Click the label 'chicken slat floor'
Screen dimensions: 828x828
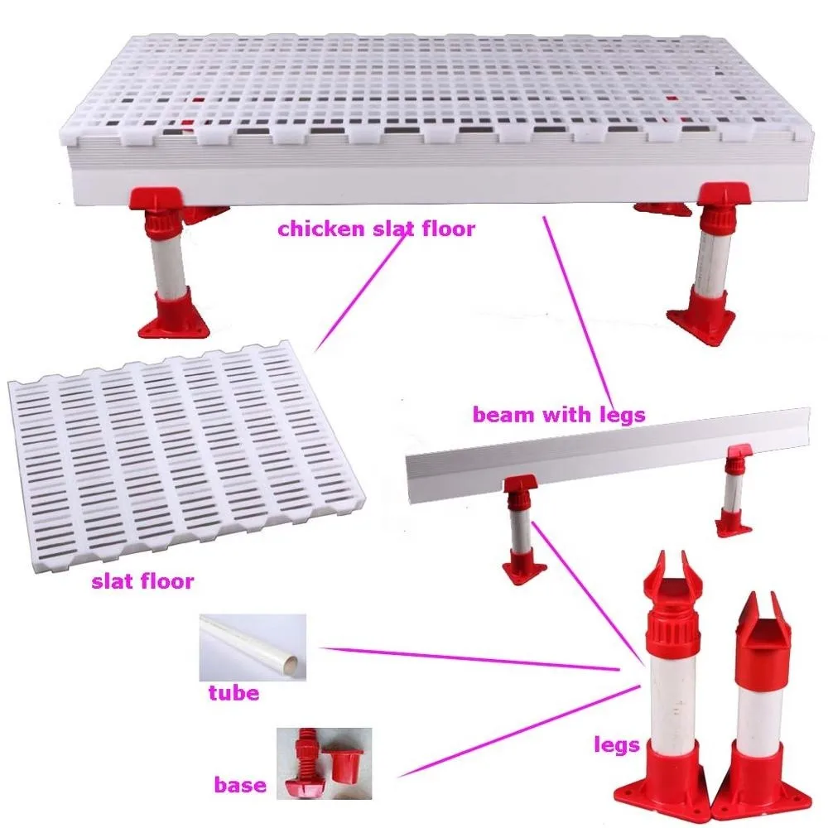pos(377,229)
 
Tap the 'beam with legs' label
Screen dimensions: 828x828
pos(558,414)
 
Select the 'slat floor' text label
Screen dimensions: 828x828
pos(142,581)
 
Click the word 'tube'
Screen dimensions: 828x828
pos(234,692)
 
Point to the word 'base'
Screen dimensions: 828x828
pos(240,784)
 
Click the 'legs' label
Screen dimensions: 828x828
pos(617,745)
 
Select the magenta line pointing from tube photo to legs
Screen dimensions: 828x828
pos(472,657)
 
